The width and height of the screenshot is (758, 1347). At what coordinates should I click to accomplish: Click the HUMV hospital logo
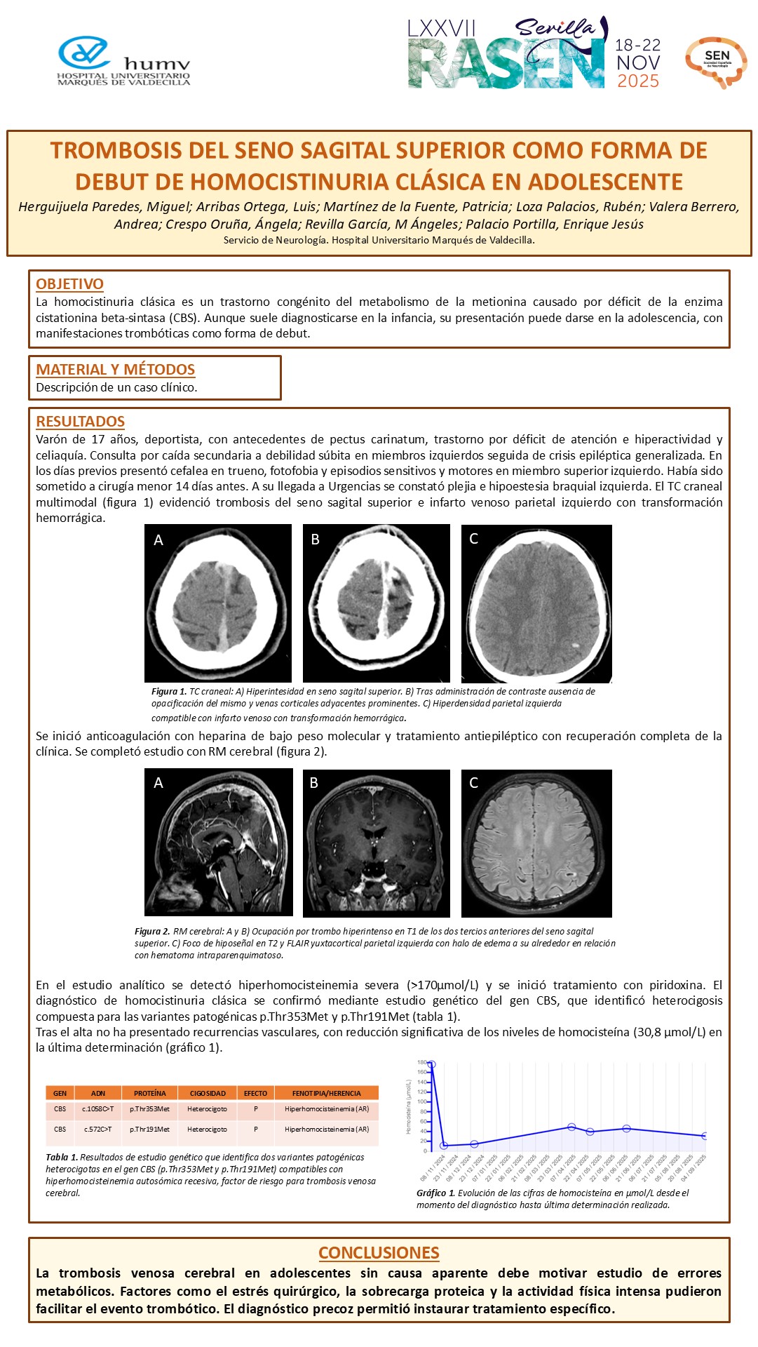123,62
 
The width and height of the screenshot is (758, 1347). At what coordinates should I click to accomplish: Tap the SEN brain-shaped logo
716,62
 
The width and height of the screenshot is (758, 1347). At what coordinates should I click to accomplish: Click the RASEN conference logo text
506,63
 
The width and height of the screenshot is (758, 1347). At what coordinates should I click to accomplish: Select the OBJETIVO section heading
69,284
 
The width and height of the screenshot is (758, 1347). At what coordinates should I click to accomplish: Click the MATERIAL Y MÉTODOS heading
115,370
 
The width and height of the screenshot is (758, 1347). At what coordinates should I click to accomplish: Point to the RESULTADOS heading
80,422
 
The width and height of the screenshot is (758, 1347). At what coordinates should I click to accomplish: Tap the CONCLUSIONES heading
379,1252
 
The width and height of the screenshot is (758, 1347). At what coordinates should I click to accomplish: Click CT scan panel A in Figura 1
217,603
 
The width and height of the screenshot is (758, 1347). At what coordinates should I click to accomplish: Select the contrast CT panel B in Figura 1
376,603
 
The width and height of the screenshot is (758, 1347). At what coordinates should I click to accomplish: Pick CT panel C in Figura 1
536,603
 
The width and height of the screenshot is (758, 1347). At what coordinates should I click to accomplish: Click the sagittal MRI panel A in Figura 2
218,842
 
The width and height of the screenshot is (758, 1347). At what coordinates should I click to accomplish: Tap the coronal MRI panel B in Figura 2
376,843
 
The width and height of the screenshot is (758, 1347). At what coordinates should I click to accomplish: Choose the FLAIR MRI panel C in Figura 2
536,843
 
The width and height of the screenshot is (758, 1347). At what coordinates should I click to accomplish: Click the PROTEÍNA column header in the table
150,1093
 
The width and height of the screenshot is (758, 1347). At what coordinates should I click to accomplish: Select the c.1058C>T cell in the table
98,1109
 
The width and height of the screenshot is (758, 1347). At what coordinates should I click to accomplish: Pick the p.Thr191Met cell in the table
149,1130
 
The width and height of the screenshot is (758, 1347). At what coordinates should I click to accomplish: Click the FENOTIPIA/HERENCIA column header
326,1093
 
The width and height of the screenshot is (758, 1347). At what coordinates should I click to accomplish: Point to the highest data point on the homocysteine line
431,1064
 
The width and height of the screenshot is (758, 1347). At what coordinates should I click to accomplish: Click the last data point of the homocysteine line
705,1136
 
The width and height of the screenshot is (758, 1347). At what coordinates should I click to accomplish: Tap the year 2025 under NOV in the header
637,81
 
